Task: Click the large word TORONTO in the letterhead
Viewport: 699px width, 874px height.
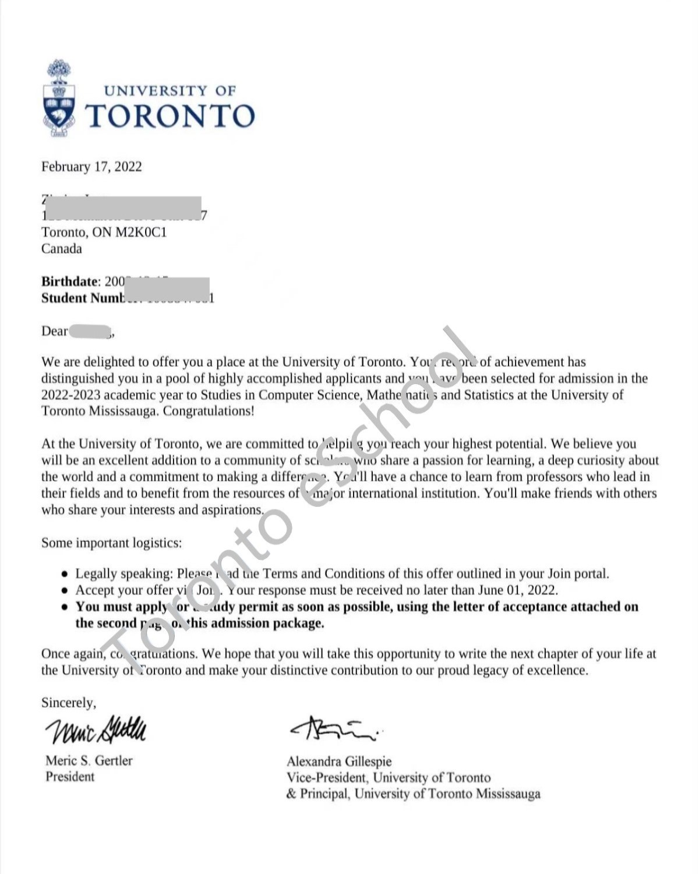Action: pos(170,116)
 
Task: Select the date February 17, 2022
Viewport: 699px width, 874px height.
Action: pos(91,167)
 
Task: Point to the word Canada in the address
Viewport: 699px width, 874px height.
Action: pos(61,249)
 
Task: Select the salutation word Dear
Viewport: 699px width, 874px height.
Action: pos(54,331)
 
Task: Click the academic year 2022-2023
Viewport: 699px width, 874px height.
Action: pos(71,394)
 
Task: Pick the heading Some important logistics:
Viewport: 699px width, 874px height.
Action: pos(111,543)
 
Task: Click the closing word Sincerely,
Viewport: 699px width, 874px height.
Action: pos(69,703)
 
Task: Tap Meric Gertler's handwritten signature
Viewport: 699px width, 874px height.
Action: pos(96,729)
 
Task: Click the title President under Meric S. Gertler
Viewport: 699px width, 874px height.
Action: pos(70,777)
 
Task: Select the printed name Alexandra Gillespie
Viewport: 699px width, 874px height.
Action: pos(339,761)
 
